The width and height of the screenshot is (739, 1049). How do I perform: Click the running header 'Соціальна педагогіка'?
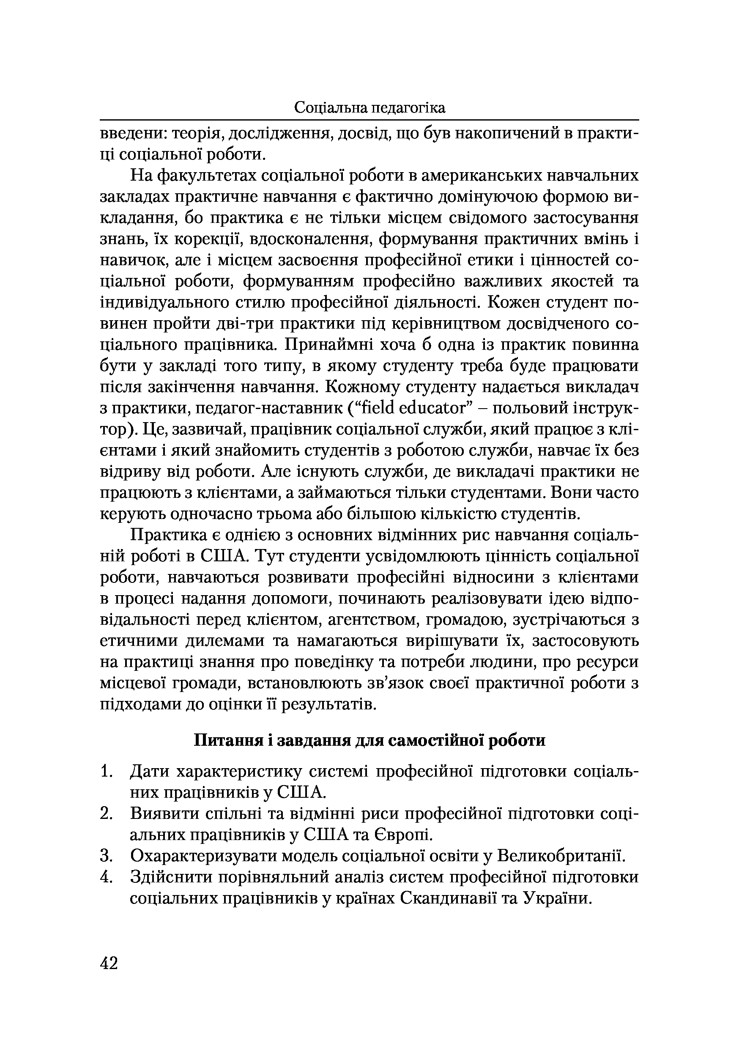pos(369,108)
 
